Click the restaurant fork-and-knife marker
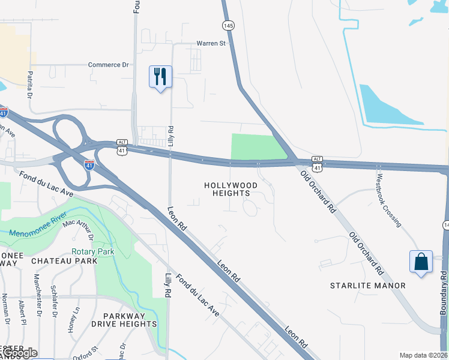pyautogui.click(x=160, y=77)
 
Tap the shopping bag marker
pyautogui.click(x=421, y=262)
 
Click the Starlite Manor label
pyautogui.click(x=368, y=286)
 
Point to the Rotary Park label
pyautogui.click(x=93, y=251)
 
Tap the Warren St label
pyautogui.click(x=211, y=43)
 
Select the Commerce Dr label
pyautogui.click(x=109, y=65)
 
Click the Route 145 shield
pyautogui.click(x=227, y=25)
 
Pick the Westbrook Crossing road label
pyautogui.click(x=388, y=200)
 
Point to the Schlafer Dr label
pyautogui.click(x=55, y=300)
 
